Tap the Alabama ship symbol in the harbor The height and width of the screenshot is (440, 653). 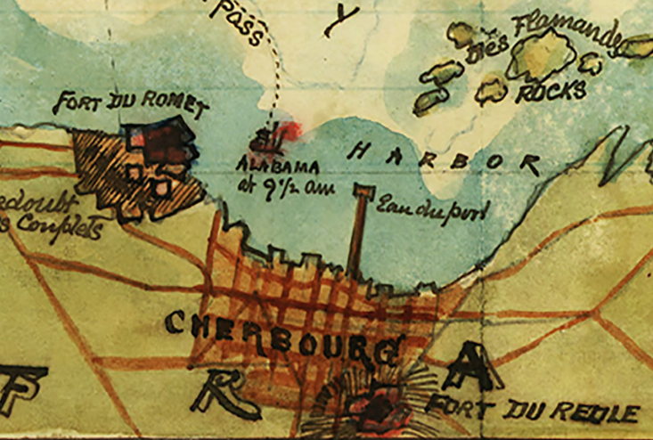[265, 139]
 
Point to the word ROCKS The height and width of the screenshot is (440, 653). [551, 91]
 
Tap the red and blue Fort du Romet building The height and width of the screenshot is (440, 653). [160, 143]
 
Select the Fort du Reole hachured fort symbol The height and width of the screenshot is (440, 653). [374, 405]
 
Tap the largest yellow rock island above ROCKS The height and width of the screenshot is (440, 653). [541, 55]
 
